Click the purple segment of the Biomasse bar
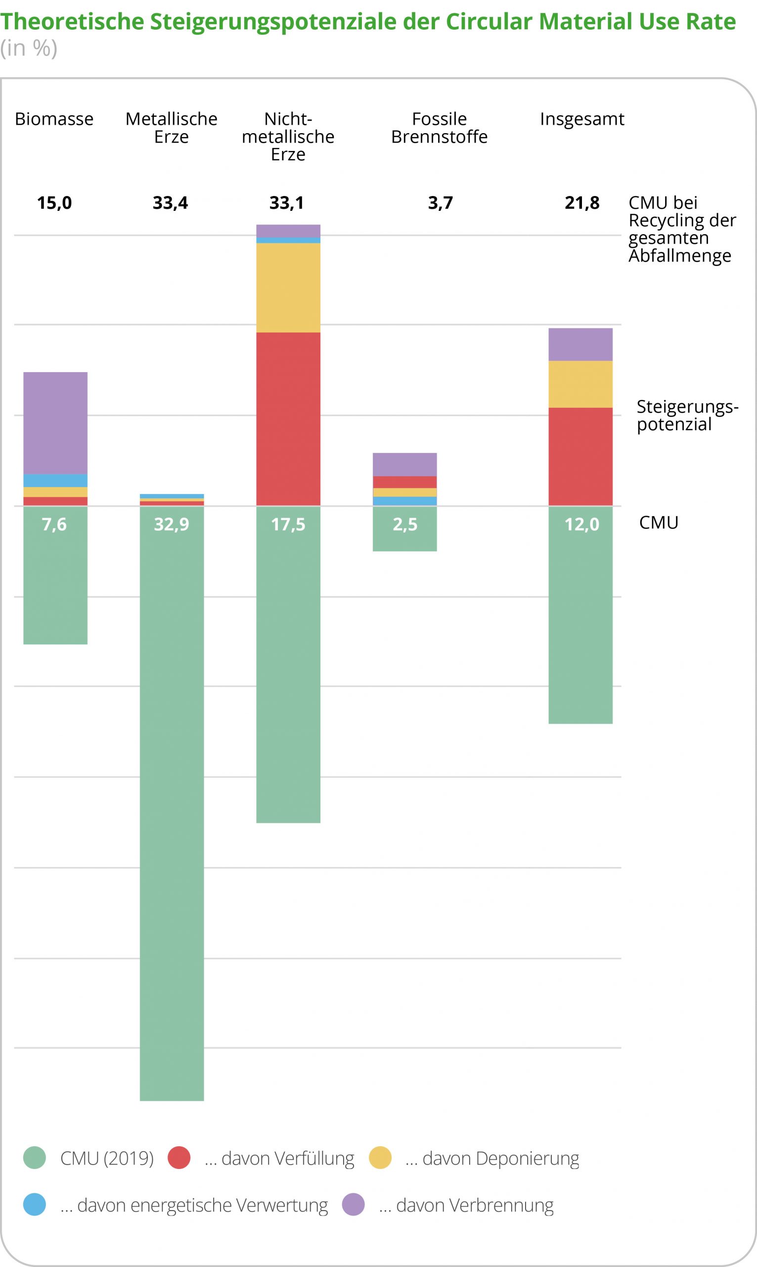coord(55,423)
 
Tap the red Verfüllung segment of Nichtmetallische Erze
coord(288,419)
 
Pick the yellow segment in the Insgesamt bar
coord(580,384)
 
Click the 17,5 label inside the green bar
coord(288,524)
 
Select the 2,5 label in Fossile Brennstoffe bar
coord(404,524)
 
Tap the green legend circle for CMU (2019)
coord(35,1158)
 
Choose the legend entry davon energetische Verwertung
coord(194,1205)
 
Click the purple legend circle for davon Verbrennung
coord(353,1205)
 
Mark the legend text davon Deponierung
coord(492,1158)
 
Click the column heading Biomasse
coord(54,119)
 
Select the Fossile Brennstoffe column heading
coord(439,128)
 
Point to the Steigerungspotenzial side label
coord(686,415)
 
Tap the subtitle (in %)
coord(29,48)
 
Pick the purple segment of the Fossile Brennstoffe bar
coord(404,464)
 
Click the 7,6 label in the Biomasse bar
coord(54,524)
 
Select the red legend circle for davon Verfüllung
coord(179,1158)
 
